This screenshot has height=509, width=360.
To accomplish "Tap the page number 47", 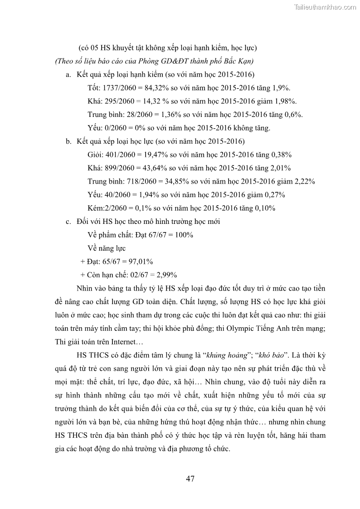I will click(x=191, y=478).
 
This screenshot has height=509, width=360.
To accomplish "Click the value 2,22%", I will click(x=305, y=181).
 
